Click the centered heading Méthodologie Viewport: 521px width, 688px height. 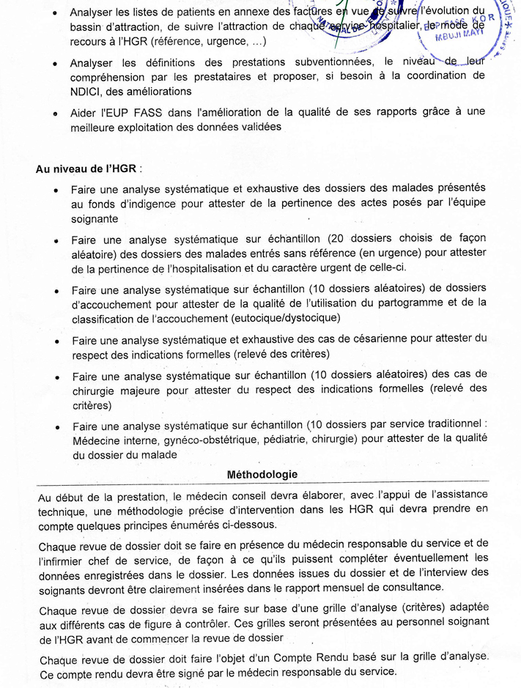(262, 474)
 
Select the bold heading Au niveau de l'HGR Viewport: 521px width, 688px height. (89, 169)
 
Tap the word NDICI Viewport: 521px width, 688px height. (86, 92)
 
